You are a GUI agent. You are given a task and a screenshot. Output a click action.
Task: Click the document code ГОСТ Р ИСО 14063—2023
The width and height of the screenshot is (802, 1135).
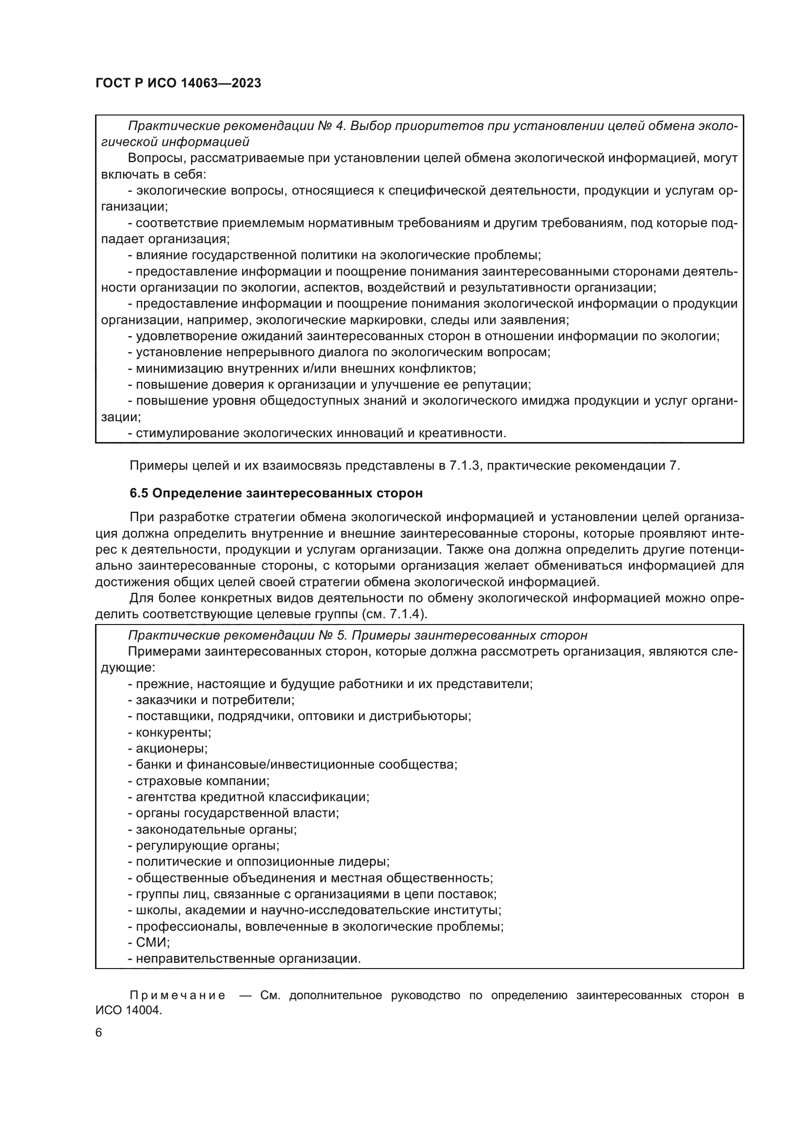click(178, 83)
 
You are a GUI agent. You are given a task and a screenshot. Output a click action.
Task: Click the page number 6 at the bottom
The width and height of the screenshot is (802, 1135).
click(99, 1033)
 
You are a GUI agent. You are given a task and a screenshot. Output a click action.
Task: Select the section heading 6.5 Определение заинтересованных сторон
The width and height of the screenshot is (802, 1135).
click(276, 493)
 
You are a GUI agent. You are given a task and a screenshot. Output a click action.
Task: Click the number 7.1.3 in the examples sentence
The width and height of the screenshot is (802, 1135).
click(464, 466)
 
